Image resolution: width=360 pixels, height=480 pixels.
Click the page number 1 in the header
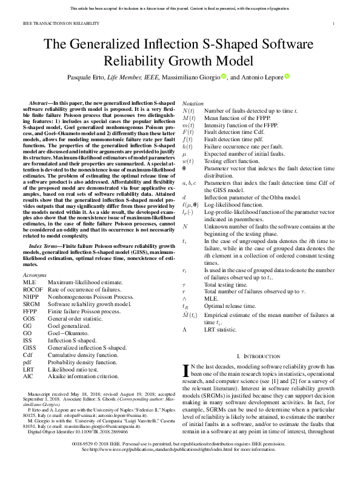[x=335, y=24]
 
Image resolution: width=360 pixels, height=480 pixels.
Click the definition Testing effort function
[x=230, y=162]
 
